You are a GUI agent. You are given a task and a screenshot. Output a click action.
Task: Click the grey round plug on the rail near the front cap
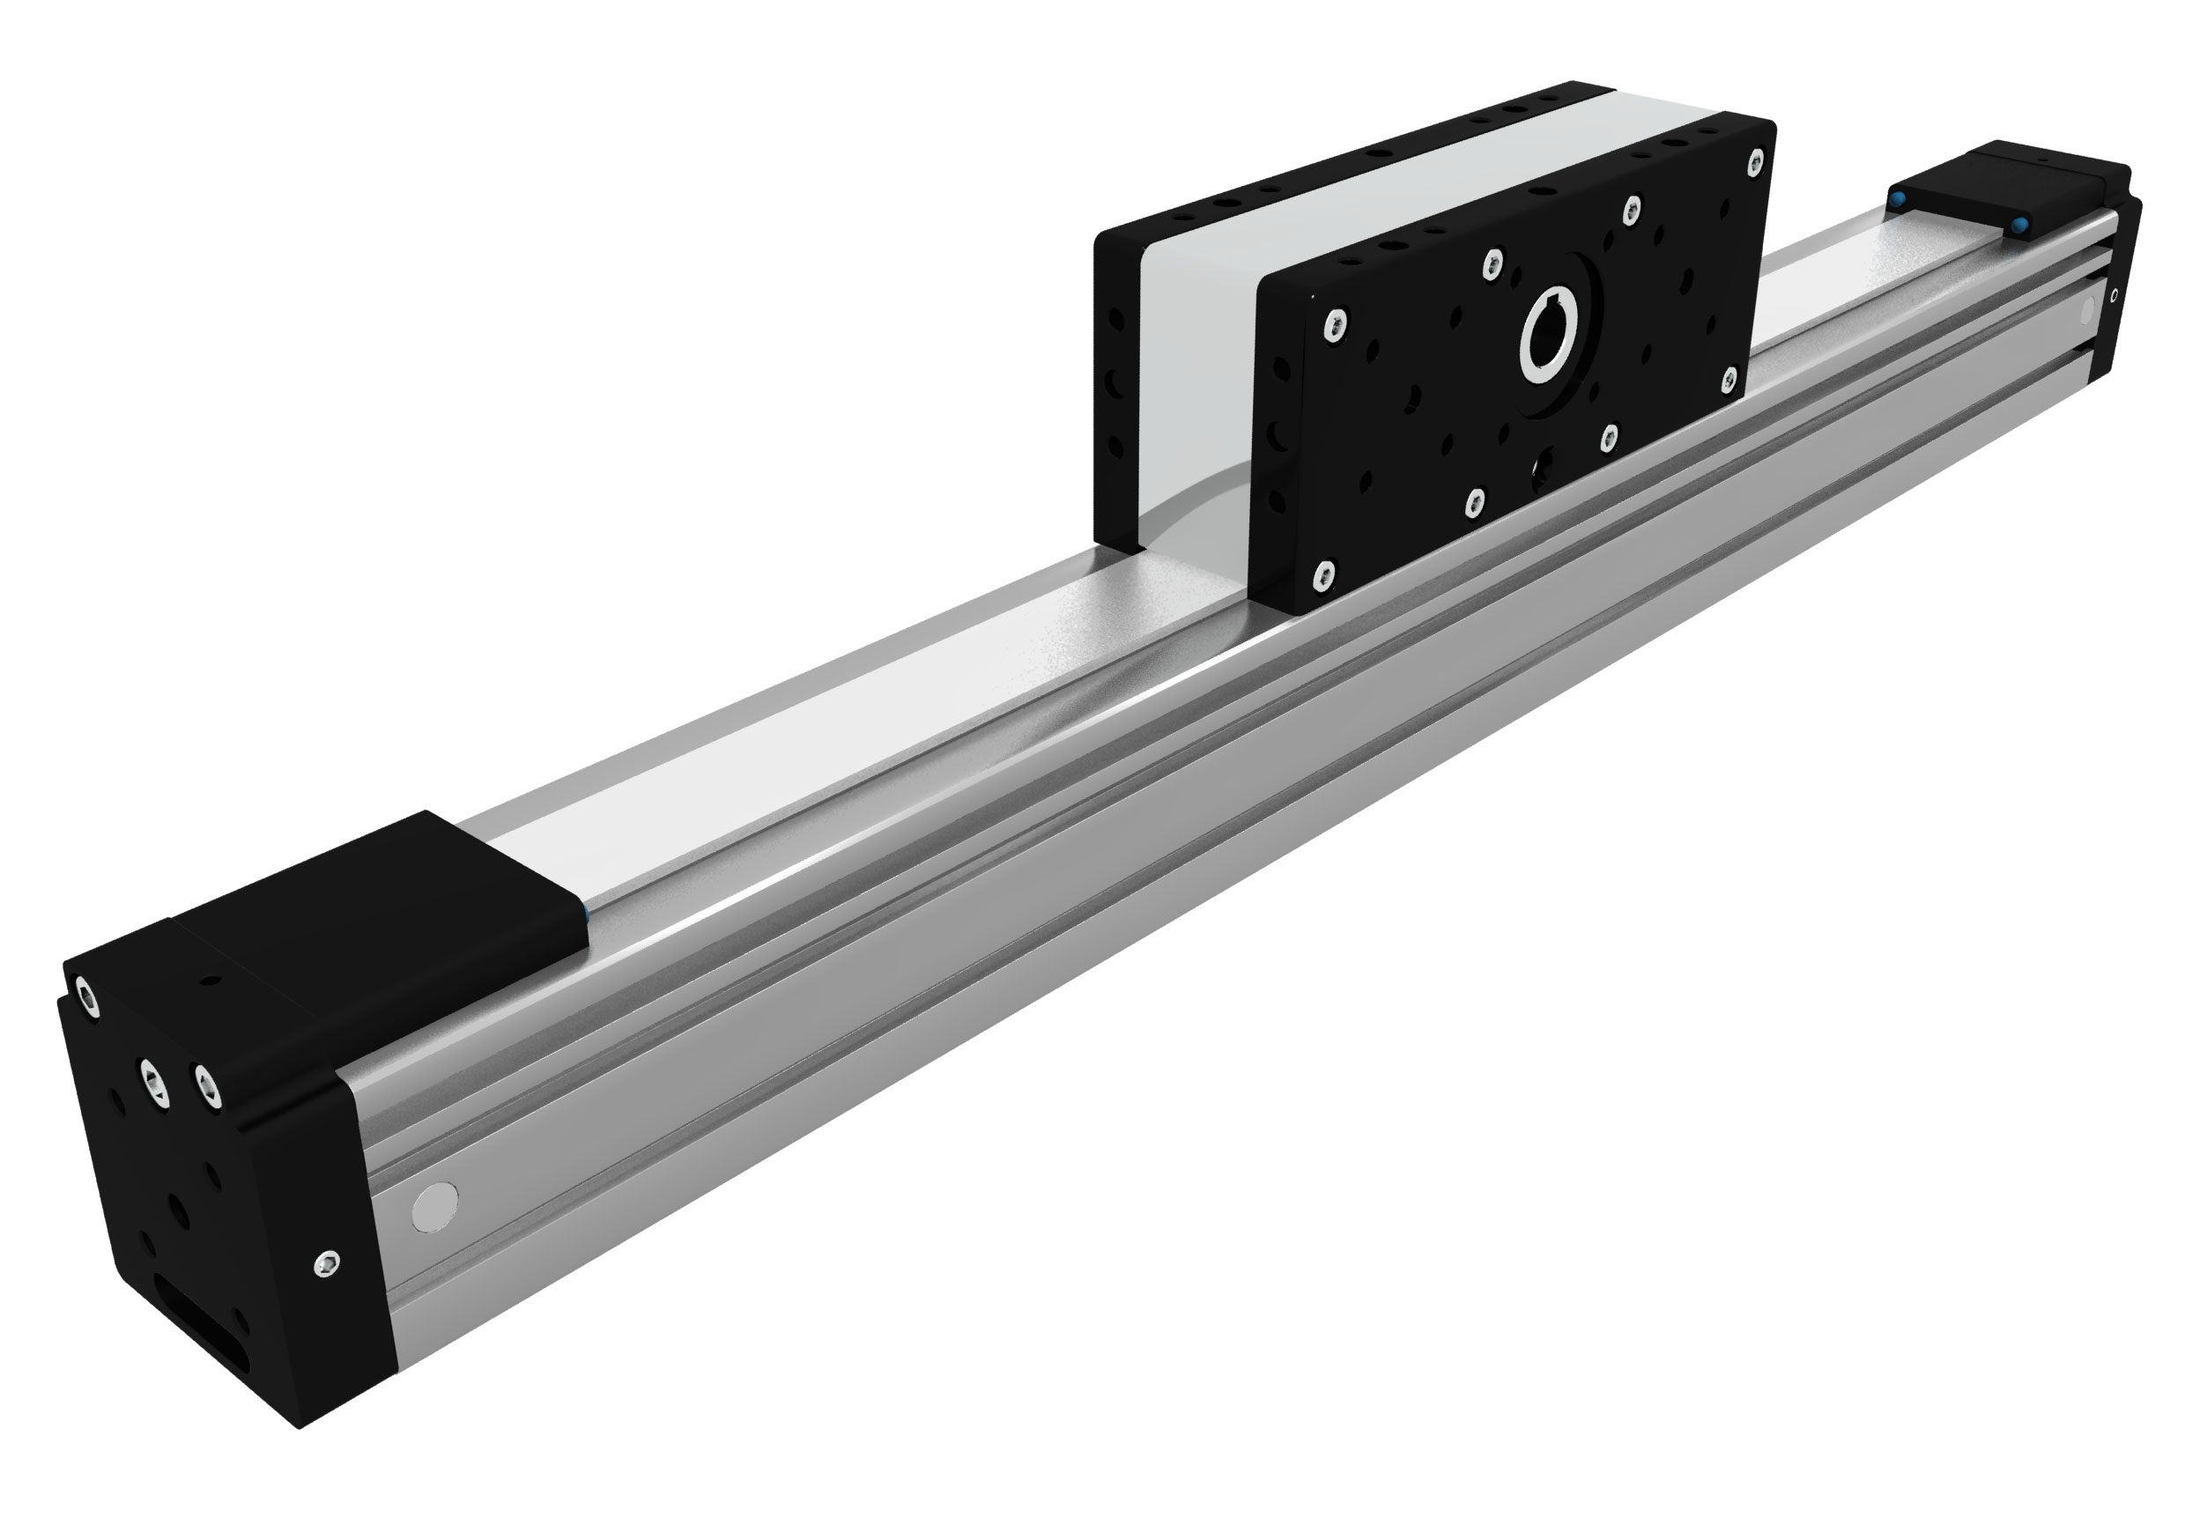[x=435, y=1205]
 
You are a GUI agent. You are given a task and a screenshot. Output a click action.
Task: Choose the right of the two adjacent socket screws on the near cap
[x=205, y=1085]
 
